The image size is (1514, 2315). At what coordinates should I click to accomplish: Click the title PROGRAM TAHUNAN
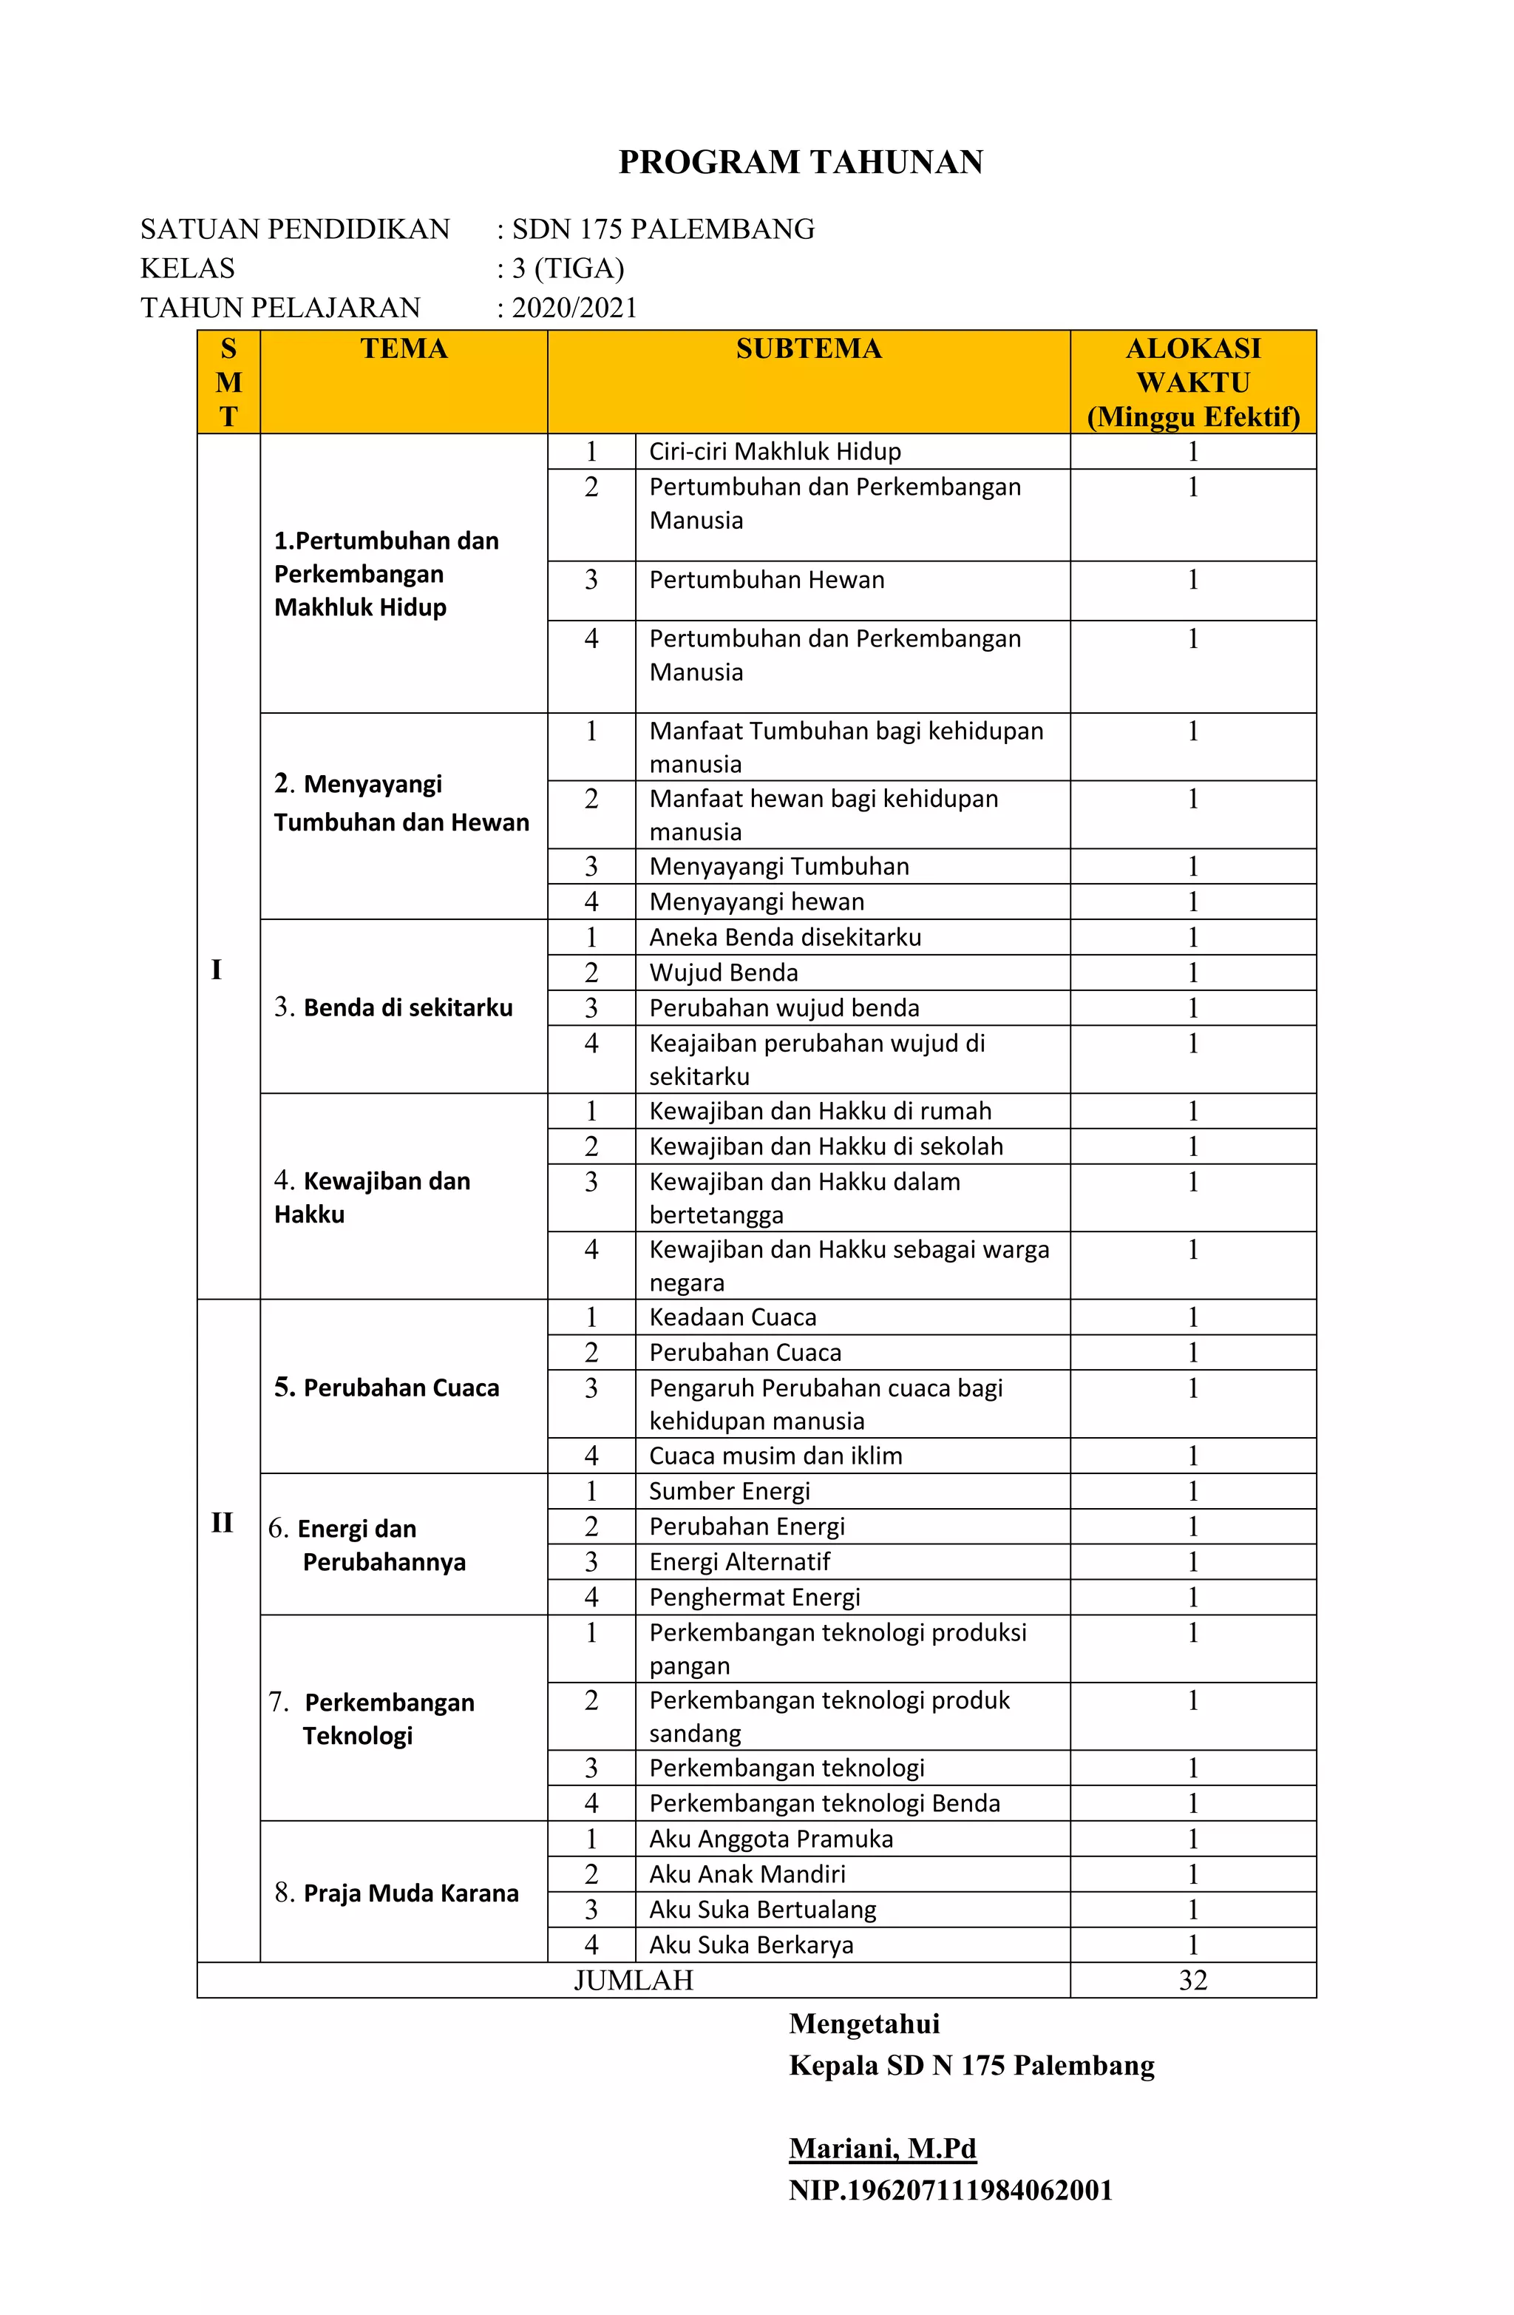[801, 161]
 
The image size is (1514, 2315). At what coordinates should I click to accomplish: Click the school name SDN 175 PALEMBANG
[663, 229]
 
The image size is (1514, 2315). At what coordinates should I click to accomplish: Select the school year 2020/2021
[574, 308]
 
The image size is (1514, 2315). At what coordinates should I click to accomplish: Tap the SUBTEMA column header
[808, 348]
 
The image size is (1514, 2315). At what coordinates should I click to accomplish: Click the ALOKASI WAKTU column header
[1192, 382]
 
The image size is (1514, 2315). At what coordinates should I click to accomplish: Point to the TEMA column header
[404, 348]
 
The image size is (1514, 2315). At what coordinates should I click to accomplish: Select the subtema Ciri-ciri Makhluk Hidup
[775, 451]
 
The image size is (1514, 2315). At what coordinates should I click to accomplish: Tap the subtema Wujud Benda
[724, 973]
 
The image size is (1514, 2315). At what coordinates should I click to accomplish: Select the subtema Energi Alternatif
[739, 1561]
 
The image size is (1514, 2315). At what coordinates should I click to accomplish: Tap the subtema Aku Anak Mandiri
[747, 1873]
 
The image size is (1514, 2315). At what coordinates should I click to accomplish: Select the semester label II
[222, 1523]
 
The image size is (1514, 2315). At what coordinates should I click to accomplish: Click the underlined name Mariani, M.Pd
[882, 2148]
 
